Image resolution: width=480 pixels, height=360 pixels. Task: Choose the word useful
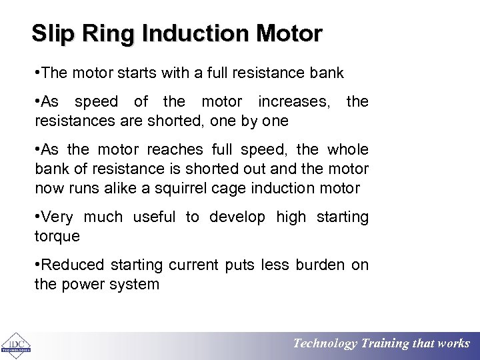point(154,217)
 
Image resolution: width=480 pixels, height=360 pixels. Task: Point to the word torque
point(57,237)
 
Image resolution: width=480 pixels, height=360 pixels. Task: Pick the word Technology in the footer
point(325,344)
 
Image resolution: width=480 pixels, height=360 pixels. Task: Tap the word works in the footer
point(453,344)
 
